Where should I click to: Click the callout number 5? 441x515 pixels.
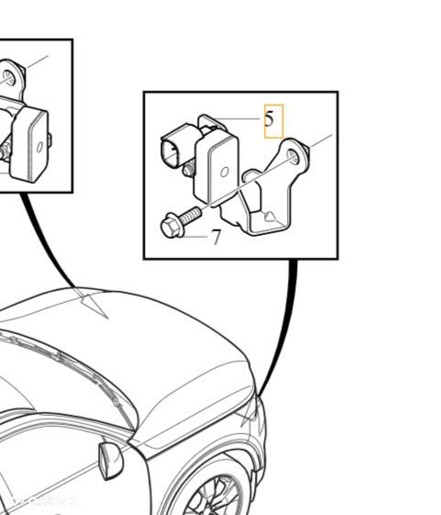tap(270, 118)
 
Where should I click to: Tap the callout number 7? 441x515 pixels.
tap(216, 238)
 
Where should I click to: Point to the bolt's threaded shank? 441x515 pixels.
tap(191, 218)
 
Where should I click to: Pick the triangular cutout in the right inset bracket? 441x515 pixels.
tap(269, 218)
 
